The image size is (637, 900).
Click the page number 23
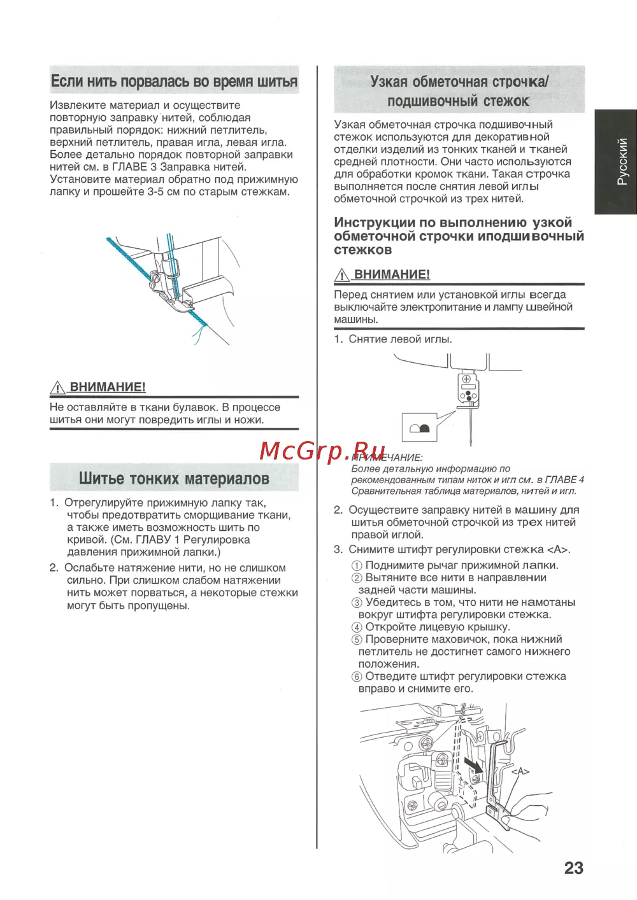[573, 868]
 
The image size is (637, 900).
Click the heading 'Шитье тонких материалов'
[174, 479]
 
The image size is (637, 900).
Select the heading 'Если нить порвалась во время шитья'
[174, 81]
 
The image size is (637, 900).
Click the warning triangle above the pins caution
[58, 387]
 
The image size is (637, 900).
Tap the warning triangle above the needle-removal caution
[342, 275]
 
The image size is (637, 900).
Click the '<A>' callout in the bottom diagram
[520, 771]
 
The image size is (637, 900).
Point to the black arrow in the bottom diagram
[473, 764]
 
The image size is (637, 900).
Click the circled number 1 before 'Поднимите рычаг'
[357, 566]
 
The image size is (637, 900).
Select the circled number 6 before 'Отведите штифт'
[357, 677]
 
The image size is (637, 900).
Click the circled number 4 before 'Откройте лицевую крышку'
[357, 628]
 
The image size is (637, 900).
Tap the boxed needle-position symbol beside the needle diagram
[420, 428]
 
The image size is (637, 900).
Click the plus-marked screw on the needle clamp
[466, 379]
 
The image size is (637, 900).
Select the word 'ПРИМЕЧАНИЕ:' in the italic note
[387, 458]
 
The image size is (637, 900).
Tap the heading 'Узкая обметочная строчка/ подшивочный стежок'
[459, 91]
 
